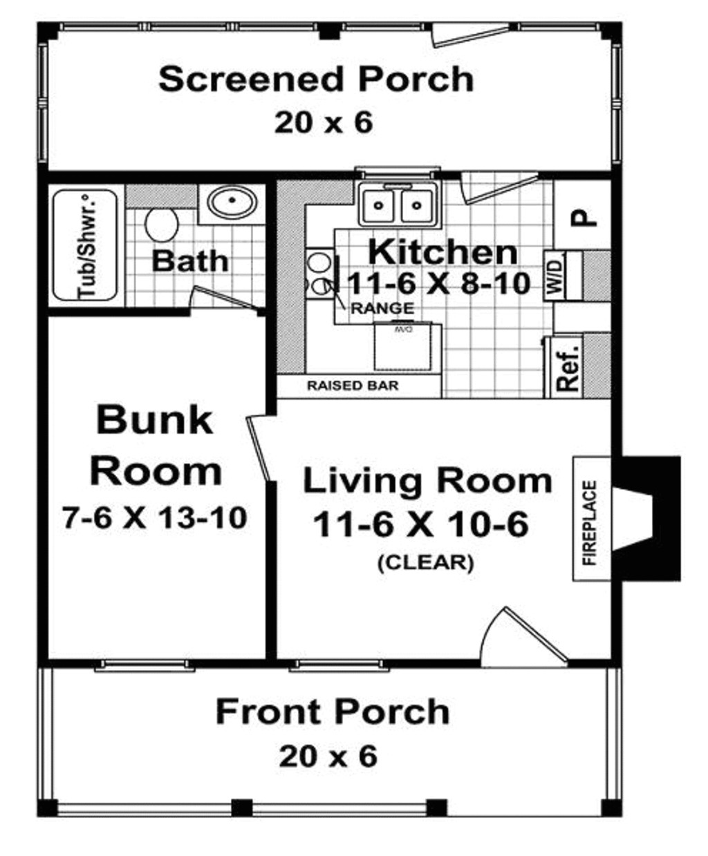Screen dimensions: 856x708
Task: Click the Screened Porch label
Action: [x=316, y=79]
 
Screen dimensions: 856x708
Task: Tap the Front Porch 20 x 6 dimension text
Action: [x=328, y=756]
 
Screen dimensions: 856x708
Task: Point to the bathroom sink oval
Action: [x=233, y=202]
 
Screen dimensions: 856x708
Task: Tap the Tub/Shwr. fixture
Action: [x=86, y=245]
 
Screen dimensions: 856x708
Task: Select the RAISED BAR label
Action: [x=353, y=386]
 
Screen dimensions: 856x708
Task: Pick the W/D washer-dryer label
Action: [x=557, y=275]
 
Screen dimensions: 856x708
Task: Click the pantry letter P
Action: [x=583, y=218]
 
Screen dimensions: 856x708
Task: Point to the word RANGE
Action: [x=382, y=308]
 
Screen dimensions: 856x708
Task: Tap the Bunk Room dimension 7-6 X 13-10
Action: [x=154, y=517]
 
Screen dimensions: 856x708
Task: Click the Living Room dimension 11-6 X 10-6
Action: [x=420, y=524]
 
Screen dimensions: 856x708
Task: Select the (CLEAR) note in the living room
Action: [x=425, y=562]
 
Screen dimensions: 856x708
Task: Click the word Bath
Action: [x=189, y=261]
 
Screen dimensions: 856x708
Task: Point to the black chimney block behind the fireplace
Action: [x=657, y=518]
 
